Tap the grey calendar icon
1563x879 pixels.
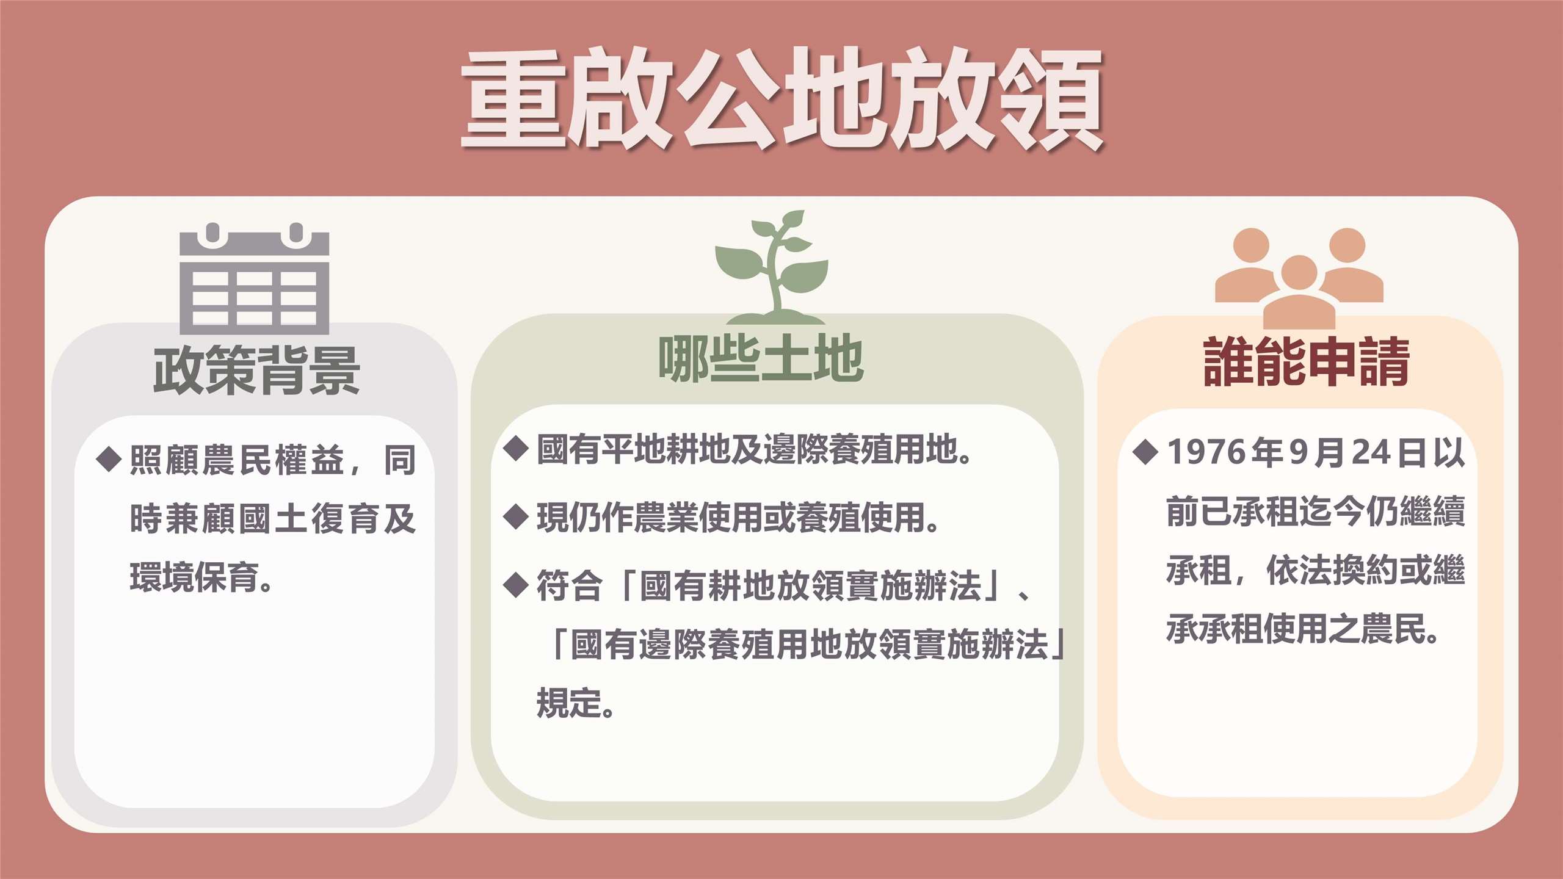point(254,278)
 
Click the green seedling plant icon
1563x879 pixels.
point(772,267)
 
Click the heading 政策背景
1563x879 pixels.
point(256,370)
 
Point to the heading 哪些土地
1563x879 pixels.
point(761,358)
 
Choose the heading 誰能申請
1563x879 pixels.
point(1307,361)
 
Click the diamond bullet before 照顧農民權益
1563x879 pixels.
point(109,459)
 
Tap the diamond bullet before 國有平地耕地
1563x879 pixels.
point(516,449)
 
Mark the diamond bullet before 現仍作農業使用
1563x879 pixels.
point(516,517)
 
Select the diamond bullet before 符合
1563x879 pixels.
point(516,585)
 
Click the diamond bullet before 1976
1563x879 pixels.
point(1145,452)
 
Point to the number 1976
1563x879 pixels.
point(1206,452)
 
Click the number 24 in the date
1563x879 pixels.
point(1371,452)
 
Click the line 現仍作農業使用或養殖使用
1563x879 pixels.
point(738,518)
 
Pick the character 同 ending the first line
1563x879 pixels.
point(400,460)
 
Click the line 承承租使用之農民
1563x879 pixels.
point(1302,629)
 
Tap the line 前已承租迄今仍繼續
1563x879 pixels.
point(1316,511)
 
